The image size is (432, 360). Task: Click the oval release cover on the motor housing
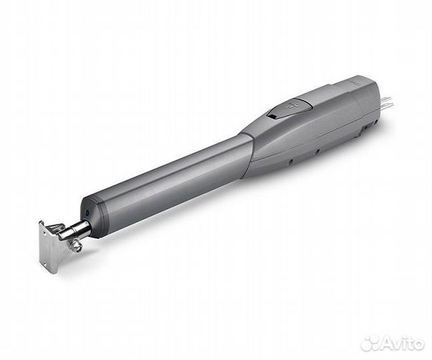point(292,107)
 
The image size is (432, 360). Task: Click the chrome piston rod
point(75,231)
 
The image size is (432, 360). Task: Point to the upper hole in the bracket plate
point(44,233)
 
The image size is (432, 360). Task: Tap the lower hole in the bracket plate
point(46,264)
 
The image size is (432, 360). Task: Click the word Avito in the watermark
point(403,344)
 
